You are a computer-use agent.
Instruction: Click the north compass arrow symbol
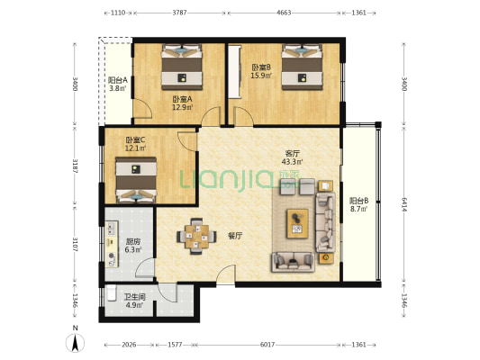pyautogui.click(x=75, y=343)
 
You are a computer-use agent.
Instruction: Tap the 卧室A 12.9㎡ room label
pyautogui.click(x=183, y=103)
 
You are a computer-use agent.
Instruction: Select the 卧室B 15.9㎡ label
pyautogui.click(x=261, y=71)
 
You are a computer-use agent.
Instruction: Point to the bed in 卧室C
pyautogui.click(x=136, y=180)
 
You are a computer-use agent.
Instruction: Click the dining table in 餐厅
pyautogui.click(x=196, y=236)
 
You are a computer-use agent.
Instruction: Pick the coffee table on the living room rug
pyautogui.click(x=297, y=223)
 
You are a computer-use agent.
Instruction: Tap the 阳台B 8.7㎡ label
pyautogui.click(x=358, y=205)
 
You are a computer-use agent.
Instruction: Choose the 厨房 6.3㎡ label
pyautogui.click(x=133, y=246)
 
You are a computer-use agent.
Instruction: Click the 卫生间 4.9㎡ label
pyautogui.click(x=134, y=301)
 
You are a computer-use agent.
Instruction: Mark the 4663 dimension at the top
pyautogui.click(x=284, y=13)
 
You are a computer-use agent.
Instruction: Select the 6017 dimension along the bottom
pyautogui.click(x=267, y=345)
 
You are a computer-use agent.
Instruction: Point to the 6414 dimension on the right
pyautogui.click(x=404, y=205)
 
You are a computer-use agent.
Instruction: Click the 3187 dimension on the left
pyautogui.click(x=75, y=166)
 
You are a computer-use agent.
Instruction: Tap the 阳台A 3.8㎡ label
pyautogui.click(x=118, y=85)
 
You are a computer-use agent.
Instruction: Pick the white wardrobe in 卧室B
pyautogui.click(x=235, y=71)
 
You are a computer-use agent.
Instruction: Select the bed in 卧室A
pyautogui.click(x=182, y=67)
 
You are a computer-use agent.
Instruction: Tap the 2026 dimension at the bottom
pyautogui.click(x=129, y=345)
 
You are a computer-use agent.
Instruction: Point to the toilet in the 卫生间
pyautogui.click(x=111, y=292)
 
